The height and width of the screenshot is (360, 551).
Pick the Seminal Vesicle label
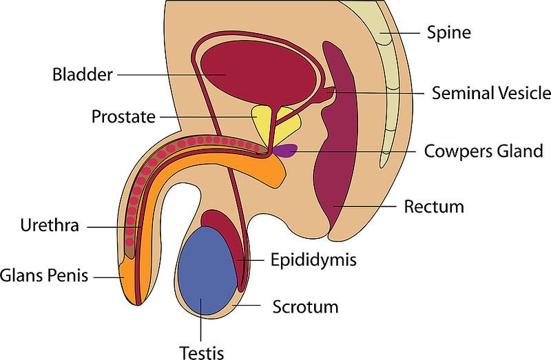(490, 92)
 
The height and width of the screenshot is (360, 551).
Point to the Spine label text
(450, 31)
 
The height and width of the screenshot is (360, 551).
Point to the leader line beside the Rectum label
(372, 205)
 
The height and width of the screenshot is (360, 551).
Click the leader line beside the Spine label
(406, 32)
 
